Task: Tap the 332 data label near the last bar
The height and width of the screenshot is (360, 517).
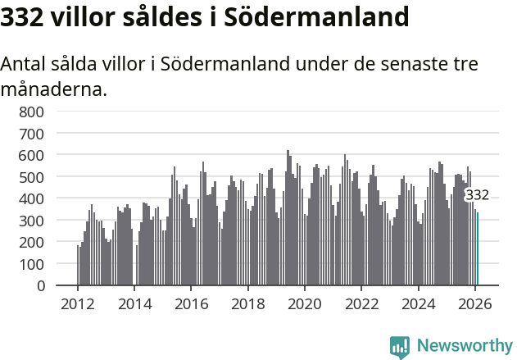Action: pyautogui.click(x=477, y=195)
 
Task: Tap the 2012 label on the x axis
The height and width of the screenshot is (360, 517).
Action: pyautogui.click(x=78, y=303)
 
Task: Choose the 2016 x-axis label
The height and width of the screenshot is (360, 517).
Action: pyautogui.click(x=191, y=303)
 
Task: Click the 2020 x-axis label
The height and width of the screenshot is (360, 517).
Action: pyautogui.click(x=305, y=303)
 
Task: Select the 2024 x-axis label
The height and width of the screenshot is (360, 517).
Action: pyautogui.click(x=419, y=303)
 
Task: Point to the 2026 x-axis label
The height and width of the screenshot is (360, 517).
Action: pyautogui.click(x=475, y=303)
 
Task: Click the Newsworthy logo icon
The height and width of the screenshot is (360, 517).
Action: pyautogui.click(x=400, y=347)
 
